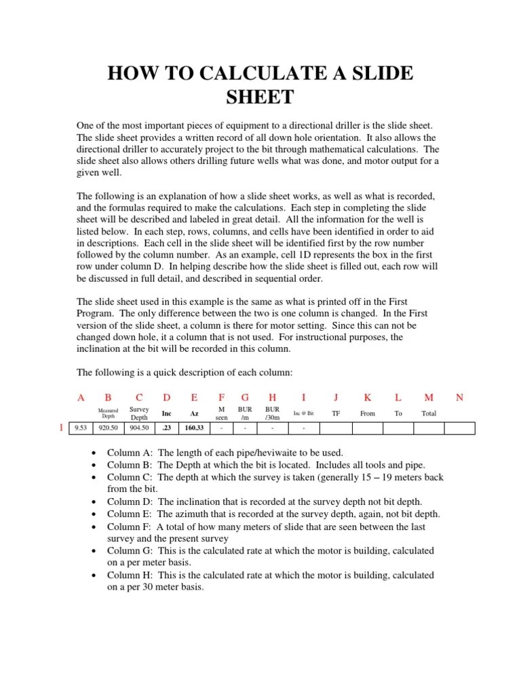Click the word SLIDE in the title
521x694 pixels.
[378, 73]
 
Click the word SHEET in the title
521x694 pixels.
[260, 98]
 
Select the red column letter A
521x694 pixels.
[81, 398]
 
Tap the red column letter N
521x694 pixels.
[459, 398]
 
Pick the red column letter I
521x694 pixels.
[303, 398]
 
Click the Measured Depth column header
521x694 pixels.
[109, 413]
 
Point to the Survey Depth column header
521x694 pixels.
[139, 413]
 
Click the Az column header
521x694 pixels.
[194, 413]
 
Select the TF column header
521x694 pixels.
[335, 413]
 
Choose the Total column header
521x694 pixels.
[429, 413]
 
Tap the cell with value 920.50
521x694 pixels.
[109, 428]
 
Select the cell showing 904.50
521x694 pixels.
[139, 428]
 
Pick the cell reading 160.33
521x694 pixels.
[195, 428]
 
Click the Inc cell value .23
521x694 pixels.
[166, 428]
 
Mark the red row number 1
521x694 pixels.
[62, 428]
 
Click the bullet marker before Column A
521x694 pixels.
[94, 453]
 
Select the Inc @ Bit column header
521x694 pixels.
[303, 413]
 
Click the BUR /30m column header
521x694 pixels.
[272, 413]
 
